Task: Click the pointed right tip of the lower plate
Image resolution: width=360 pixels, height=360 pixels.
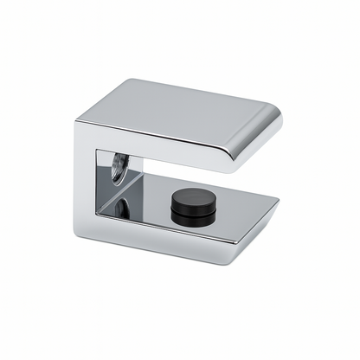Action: [279, 201]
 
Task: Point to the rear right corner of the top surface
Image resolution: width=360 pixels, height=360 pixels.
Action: [275, 111]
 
